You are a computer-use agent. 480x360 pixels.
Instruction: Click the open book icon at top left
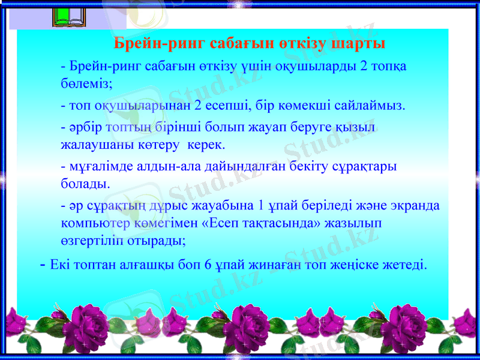tap(70, 16)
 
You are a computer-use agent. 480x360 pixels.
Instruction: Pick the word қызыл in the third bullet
tap(360, 128)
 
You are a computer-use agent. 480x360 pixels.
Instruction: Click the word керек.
tap(206, 145)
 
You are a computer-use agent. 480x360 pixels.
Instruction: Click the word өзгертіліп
tap(95, 240)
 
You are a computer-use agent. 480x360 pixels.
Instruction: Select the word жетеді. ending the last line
tap(406, 264)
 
